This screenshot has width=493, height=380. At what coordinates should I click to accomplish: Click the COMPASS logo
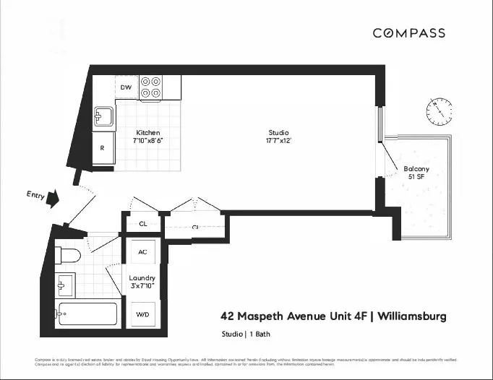(x=408, y=33)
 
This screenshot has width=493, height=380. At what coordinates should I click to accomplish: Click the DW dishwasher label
(x=126, y=87)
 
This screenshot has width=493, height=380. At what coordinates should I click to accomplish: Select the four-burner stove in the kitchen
(x=150, y=87)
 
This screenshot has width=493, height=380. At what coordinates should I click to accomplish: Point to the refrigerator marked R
(x=103, y=147)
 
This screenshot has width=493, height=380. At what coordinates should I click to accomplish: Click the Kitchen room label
(x=147, y=133)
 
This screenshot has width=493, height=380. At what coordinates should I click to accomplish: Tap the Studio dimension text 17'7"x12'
(x=278, y=142)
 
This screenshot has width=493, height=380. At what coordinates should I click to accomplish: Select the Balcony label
(x=416, y=168)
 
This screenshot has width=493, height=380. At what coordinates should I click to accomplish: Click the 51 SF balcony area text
(x=416, y=176)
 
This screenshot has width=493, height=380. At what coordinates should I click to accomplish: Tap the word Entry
(x=33, y=194)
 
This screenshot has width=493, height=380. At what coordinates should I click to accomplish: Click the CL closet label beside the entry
(x=143, y=224)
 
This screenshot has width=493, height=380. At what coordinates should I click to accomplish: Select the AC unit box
(x=143, y=251)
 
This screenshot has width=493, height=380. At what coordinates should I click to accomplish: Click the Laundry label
(x=142, y=278)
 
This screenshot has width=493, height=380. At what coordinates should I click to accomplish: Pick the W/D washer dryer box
(x=143, y=315)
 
